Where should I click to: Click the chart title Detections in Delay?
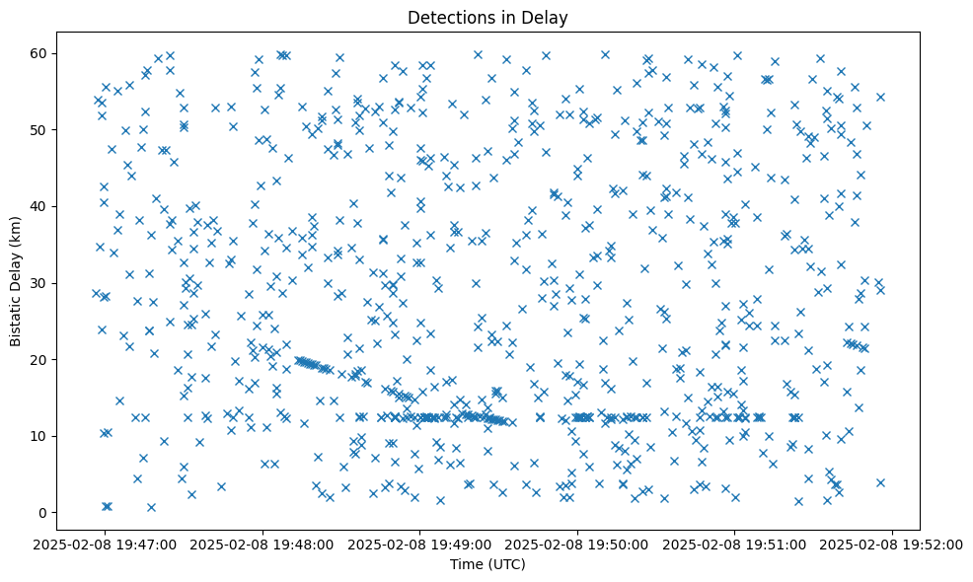[487, 17]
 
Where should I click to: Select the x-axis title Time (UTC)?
[487, 564]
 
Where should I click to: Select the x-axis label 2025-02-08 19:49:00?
[421, 544]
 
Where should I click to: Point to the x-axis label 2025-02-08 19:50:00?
[578, 544]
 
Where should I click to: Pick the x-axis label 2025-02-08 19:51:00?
[734, 544]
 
